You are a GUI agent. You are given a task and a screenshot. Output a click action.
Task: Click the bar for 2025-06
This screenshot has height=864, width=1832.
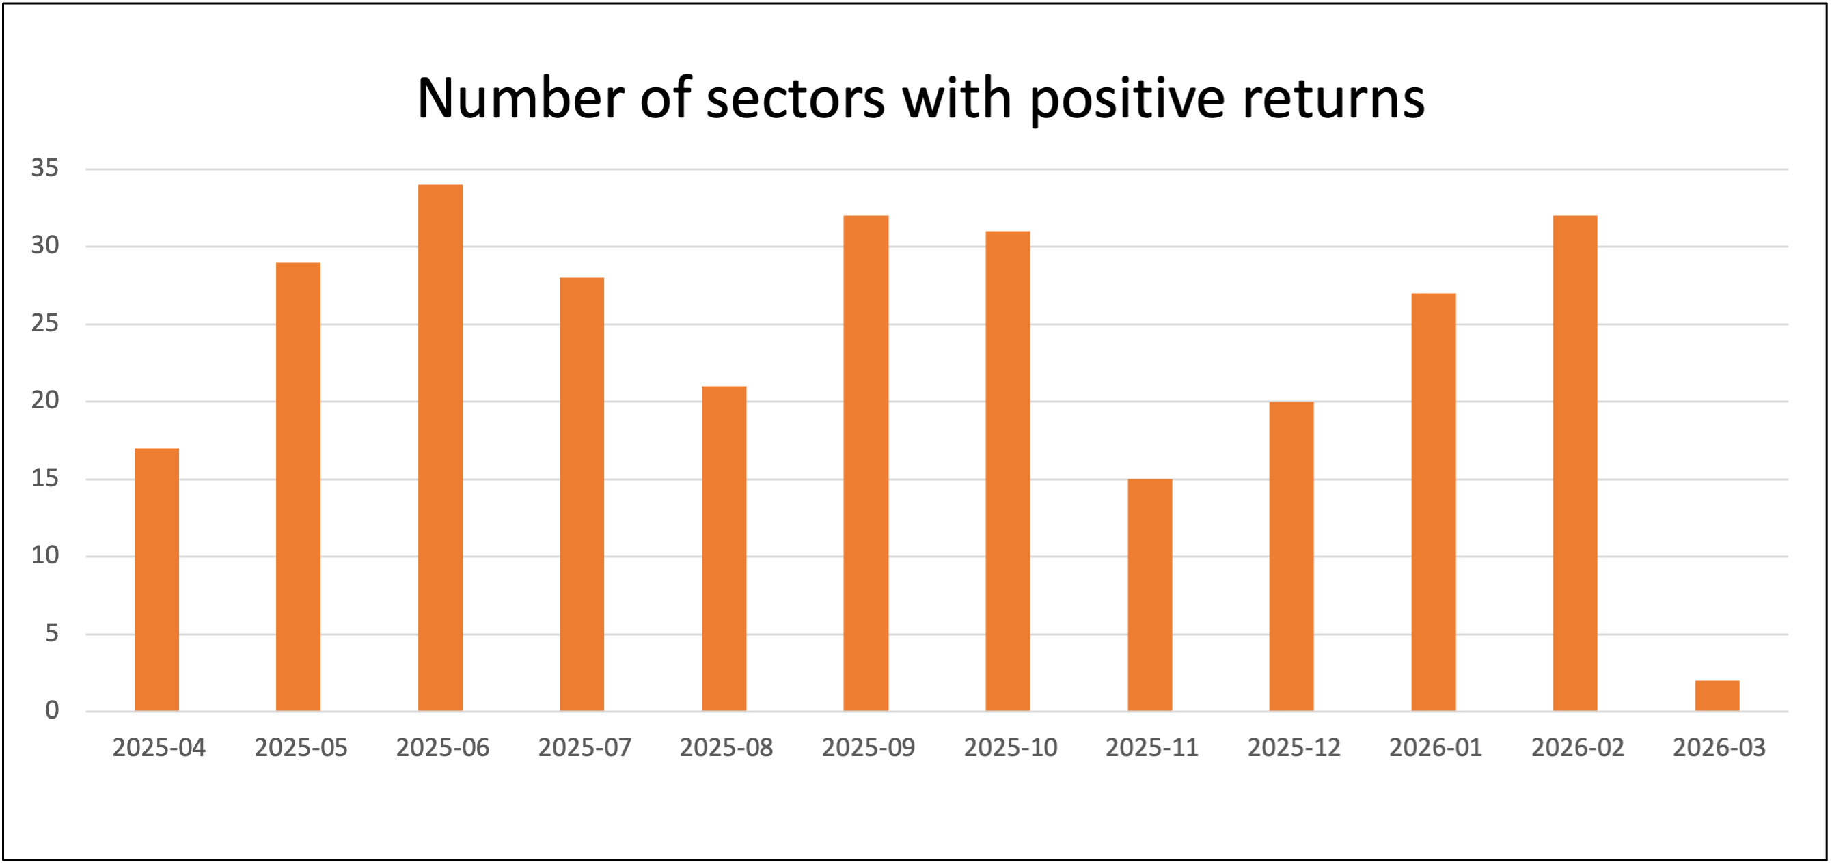coord(440,448)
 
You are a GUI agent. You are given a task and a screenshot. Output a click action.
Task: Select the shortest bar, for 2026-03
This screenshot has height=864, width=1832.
coord(1717,696)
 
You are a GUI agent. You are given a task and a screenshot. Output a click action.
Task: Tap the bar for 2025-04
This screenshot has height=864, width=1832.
coord(156,580)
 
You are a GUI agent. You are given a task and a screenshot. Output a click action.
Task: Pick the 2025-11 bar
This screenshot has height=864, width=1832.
coord(1149,595)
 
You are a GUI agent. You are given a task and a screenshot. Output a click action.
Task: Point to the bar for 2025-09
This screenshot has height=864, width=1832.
coord(866,463)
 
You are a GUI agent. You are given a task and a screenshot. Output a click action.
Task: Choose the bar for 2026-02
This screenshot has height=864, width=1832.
coord(1574,463)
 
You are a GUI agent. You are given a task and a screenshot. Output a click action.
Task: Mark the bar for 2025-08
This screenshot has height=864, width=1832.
coord(724,548)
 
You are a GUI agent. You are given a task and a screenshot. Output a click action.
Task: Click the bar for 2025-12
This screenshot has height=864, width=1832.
coord(1291,556)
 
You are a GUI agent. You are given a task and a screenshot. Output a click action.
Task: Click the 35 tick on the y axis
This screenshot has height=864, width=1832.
coord(45,169)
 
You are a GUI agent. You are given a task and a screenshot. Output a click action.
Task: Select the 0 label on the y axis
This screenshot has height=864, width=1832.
coord(52,710)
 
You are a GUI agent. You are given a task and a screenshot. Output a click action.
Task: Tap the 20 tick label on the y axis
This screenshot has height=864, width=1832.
coord(45,401)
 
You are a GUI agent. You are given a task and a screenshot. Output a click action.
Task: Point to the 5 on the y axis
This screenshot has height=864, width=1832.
coord(52,633)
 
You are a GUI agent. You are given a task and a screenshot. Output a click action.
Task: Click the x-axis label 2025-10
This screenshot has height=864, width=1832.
coord(1010,747)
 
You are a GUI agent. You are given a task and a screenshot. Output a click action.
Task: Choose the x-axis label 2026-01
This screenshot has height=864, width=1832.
coord(1435,747)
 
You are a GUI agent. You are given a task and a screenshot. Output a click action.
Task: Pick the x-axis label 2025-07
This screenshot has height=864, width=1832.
coord(585,747)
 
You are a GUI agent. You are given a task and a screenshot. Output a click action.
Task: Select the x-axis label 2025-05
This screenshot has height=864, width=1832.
coord(301,747)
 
